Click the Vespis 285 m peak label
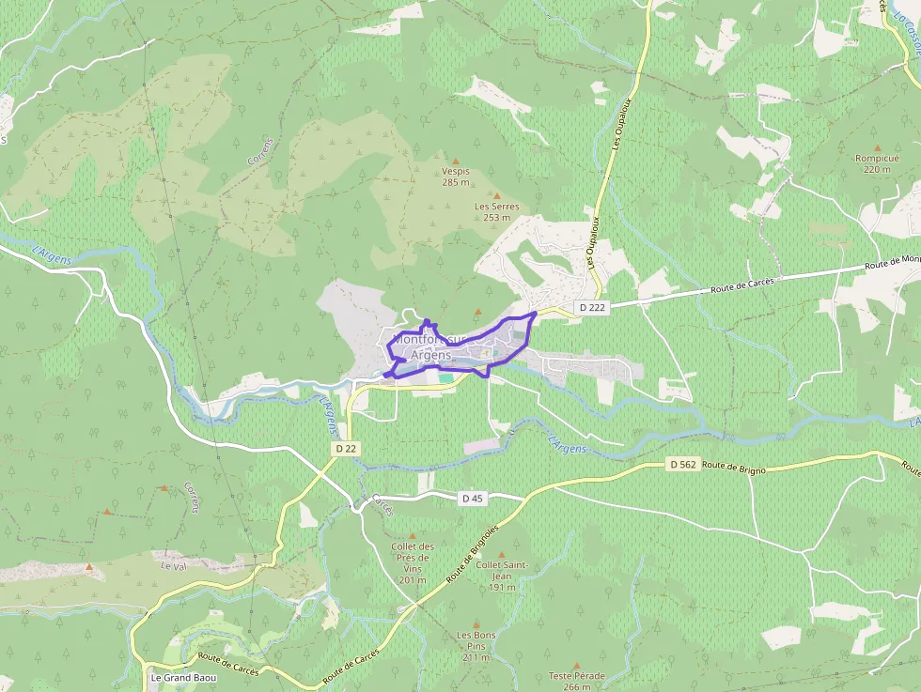click(x=455, y=177)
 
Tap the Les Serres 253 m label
click(x=496, y=211)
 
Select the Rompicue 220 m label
click(x=877, y=163)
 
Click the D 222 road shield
click(x=593, y=307)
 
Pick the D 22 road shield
click(x=346, y=449)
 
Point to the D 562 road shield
click(x=683, y=464)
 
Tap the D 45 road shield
click(x=472, y=499)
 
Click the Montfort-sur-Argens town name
click(x=430, y=346)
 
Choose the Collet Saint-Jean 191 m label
click(x=502, y=576)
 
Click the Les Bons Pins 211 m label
click(x=476, y=646)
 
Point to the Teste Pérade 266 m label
click(x=576, y=681)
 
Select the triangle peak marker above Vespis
click(x=456, y=161)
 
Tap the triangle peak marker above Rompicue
click(x=877, y=147)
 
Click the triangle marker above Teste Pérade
click(x=576, y=665)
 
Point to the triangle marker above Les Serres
click(x=497, y=195)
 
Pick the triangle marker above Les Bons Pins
click(x=477, y=623)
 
